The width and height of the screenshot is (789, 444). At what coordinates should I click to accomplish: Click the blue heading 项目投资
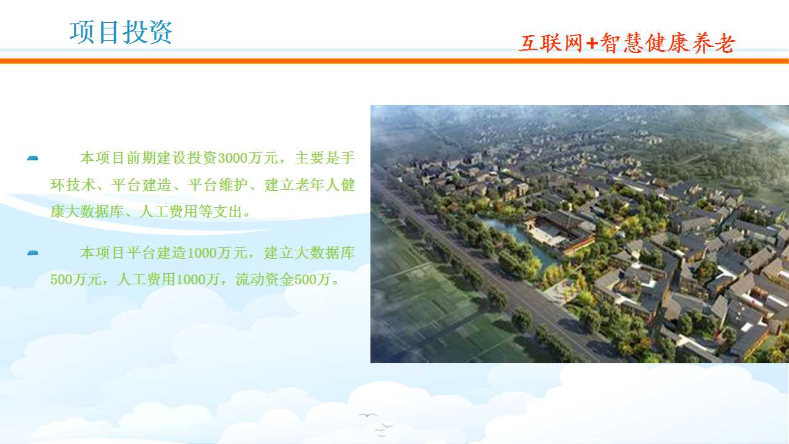pos(121,32)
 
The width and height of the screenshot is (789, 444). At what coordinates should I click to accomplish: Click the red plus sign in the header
pos(592,43)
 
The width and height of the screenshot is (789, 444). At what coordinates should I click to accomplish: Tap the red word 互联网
pos(550,43)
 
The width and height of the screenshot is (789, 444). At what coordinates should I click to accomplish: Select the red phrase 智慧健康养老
pos(667,43)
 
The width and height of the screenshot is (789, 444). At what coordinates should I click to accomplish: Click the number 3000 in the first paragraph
pos(233,158)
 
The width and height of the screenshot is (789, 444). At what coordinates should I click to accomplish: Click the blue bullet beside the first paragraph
pos(33,158)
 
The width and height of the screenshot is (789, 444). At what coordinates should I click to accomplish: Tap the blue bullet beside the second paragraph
pos(33,253)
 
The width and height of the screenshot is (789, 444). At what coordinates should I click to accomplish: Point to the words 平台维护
pos(218,184)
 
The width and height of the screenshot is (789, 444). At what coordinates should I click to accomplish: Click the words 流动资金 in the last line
pos(264,279)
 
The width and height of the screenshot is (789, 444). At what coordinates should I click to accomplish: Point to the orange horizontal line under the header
pos(394,61)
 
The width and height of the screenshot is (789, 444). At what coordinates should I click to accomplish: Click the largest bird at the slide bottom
pos(368,415)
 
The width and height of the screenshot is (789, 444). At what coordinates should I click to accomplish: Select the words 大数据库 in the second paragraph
pos(324,253)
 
